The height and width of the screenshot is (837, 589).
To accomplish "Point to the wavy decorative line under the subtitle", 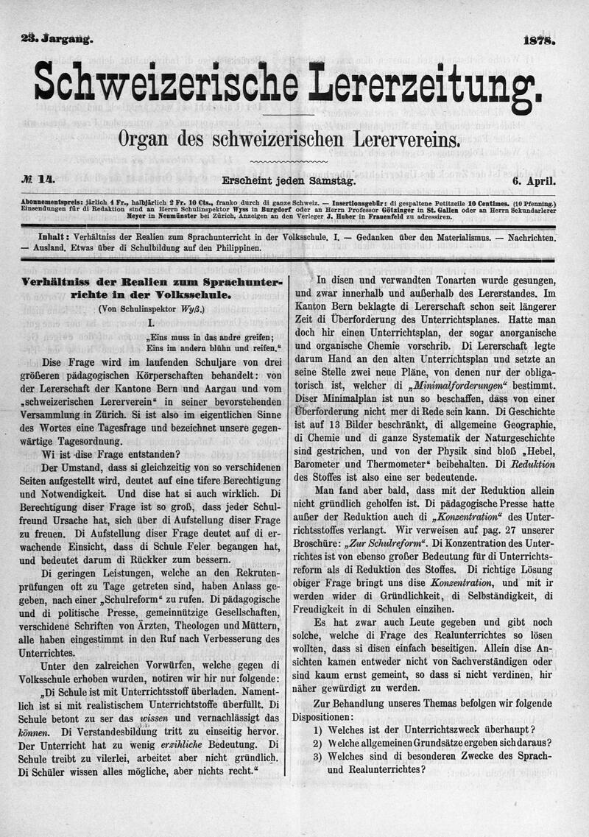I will click(x=289, y=160).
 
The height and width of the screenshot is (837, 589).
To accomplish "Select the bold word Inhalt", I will click(x=54, y=239).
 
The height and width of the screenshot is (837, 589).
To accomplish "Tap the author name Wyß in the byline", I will click(x=194, y=309).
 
